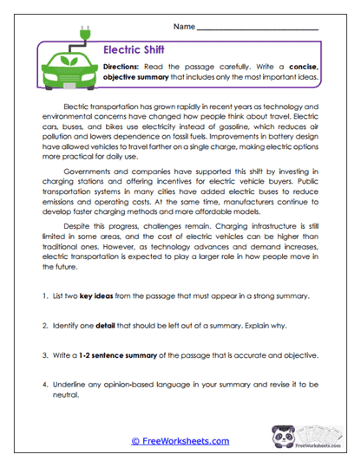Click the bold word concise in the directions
(300, 66)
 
